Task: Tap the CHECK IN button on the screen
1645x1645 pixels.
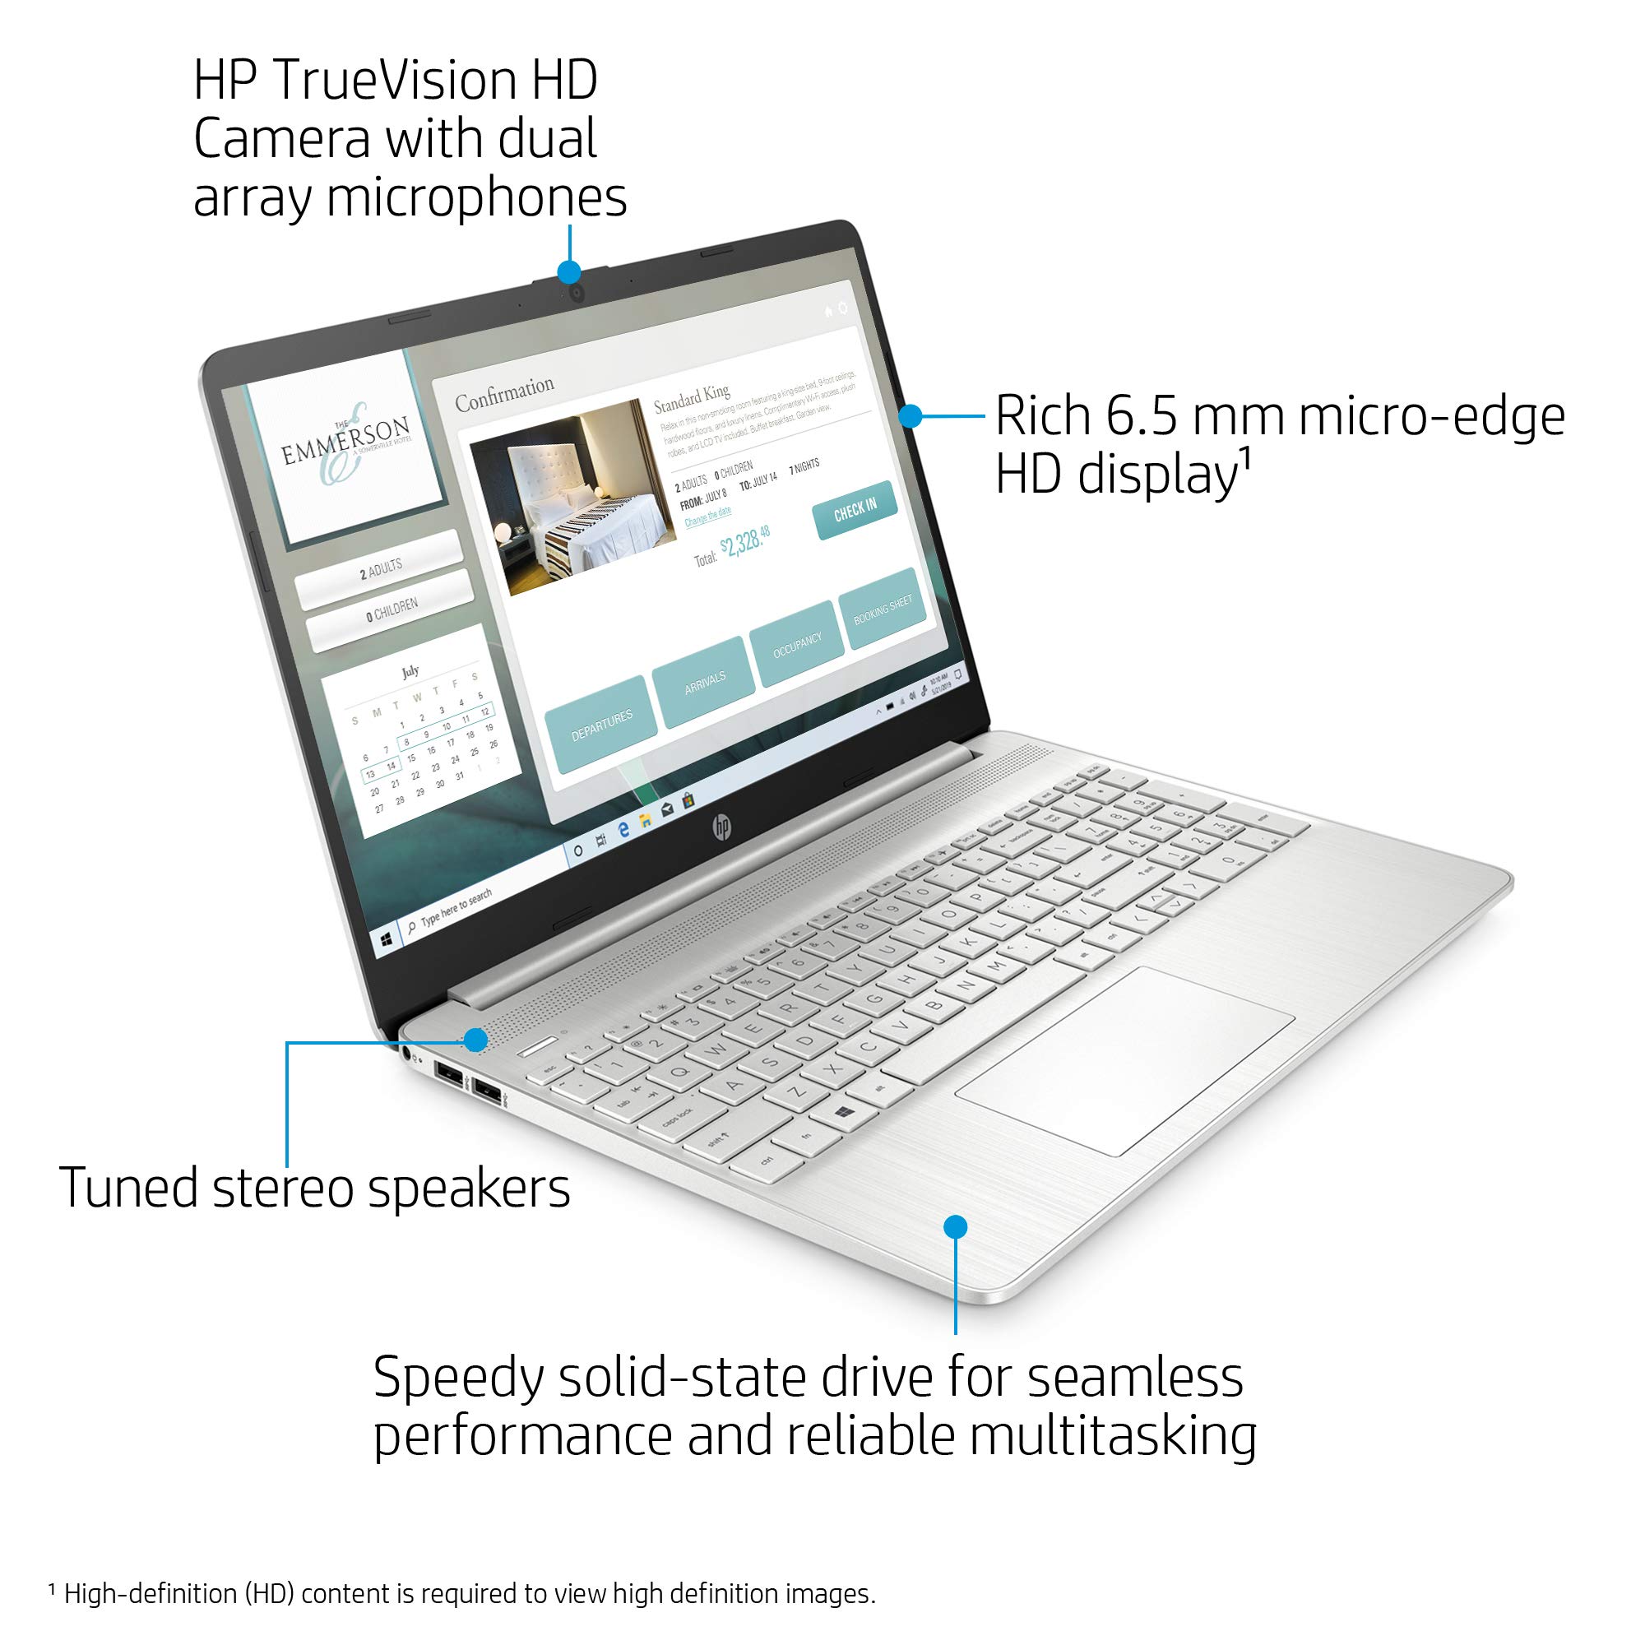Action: coord(855,509)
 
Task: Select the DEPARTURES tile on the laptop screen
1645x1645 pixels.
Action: coord(601,724)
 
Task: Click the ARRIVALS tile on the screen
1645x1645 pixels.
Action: coord(704,681)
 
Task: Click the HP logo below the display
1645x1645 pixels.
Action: coord(722,826)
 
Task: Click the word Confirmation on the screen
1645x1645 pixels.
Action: coord(504,393)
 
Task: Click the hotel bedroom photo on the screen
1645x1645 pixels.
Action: coord(573,497)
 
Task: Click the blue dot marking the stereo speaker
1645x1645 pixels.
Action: coord(476,1039)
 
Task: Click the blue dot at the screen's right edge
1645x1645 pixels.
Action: coord(911,415)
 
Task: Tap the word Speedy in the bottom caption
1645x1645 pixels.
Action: coord(456,1378)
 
